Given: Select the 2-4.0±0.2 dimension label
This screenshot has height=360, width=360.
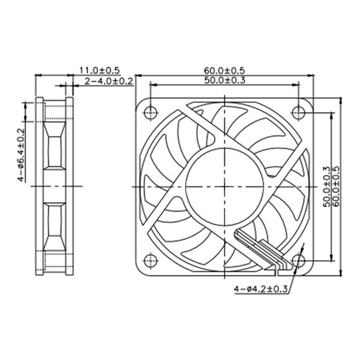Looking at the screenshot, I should click(x=109, y=83).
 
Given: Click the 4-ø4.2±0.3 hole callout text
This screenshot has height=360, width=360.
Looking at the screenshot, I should click(x=261, y=289).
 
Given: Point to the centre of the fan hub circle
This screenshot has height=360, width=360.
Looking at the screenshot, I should click(x=225, y=184).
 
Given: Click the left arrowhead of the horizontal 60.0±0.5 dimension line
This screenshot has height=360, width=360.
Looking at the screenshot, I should click(x=139, y=76).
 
